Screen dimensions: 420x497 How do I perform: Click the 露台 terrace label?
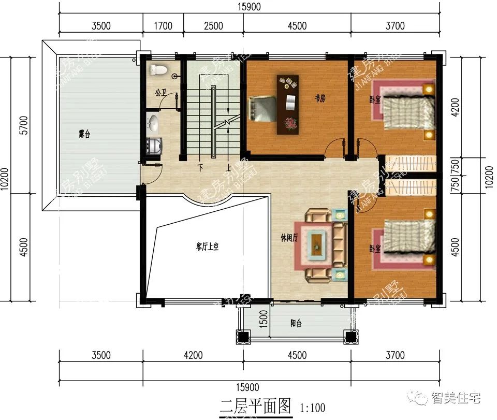(84, 134)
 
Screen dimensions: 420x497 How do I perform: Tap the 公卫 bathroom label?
(160, 93)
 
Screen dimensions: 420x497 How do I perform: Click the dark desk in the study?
(288, 104)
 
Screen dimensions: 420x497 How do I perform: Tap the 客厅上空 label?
(207, 247)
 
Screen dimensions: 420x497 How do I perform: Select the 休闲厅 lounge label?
(289, 238)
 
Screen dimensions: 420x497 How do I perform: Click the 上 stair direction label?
(228, 168)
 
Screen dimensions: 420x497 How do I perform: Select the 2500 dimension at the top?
(213, 26)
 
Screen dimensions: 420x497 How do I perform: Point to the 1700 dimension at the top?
(163, 26)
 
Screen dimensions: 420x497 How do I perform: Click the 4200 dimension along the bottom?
(193, 355)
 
